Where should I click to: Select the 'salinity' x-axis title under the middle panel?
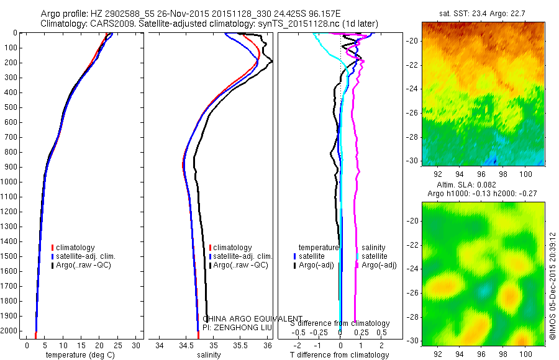tap(210, 355)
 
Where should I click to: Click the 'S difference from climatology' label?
tap(340, 323)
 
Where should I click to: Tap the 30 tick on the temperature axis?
tap(137, 345)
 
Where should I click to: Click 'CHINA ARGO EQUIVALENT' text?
tap(253, 318)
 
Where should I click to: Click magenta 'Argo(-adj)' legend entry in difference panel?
tap(379, 265)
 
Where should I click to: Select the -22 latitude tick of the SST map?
tap(412, 65)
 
